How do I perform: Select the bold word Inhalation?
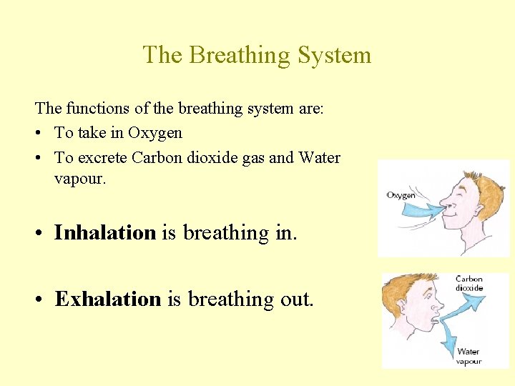coord(105,232)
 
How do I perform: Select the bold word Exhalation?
coord(108,299)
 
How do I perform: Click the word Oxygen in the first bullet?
coord(155,133)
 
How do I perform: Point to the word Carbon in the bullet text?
coord(155,157)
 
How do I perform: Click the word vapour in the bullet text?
coord(79,179)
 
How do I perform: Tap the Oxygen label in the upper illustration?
coord(401,195)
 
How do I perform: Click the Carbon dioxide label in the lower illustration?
coord(469,283)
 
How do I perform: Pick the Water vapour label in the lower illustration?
coord(469,356)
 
